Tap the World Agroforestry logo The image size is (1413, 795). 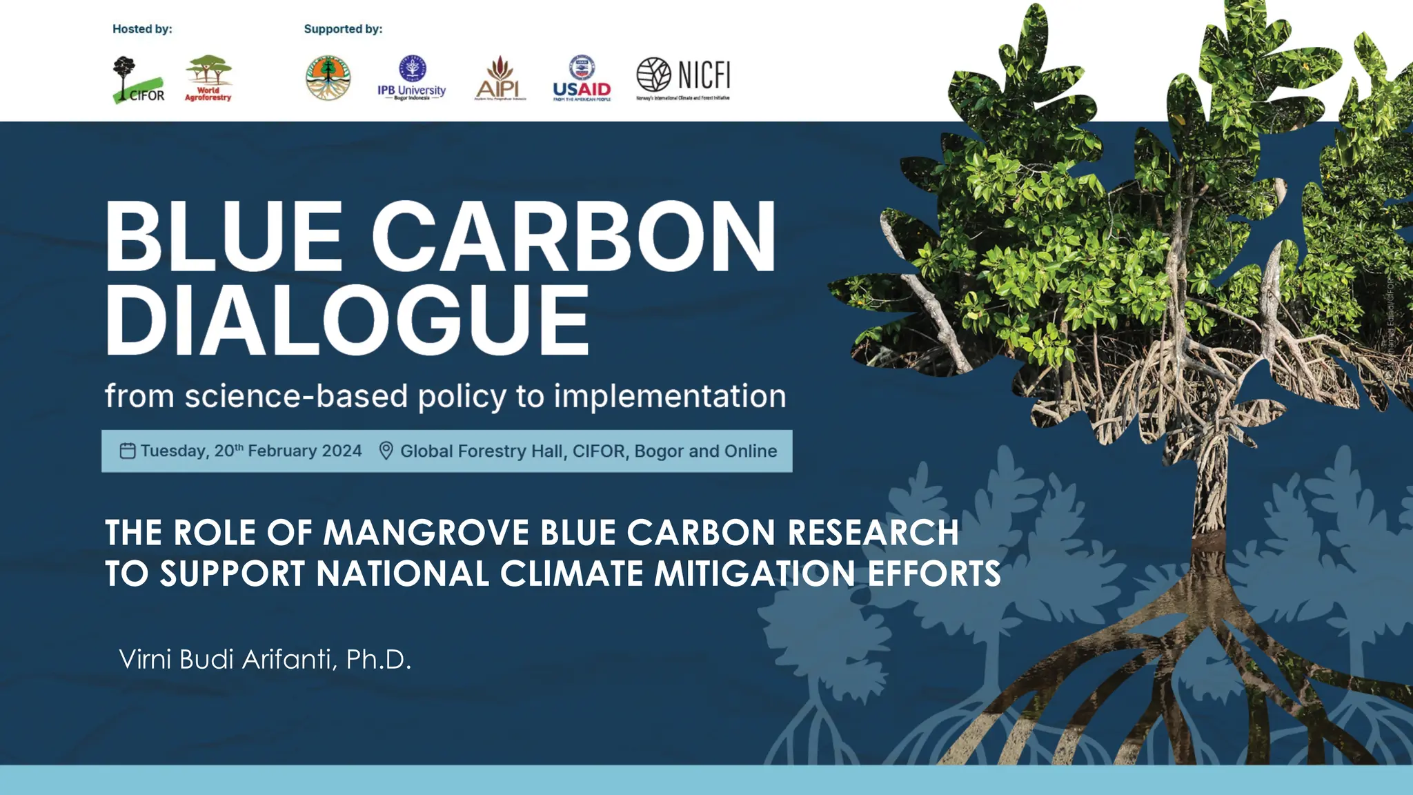click(x=208, y=79)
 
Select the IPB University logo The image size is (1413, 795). click(x=412, y=79)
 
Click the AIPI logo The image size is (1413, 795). click(x=500, y=79)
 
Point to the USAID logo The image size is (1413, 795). click(x=582, y=79)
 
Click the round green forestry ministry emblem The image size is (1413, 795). click(x=328, y=78)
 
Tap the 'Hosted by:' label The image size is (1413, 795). click(x=142, y=29)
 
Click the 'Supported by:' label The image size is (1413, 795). click(x=343, y=29)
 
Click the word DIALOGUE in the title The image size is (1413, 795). click(x=347, y=321)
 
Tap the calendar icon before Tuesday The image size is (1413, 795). click(x=128, y=451)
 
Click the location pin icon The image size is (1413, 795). click(x=386, y=451)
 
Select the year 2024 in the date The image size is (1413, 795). click(x=342, y=451)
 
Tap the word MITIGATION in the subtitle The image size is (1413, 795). click(x=755, y=573)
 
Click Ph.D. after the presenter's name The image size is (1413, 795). click(x=378, y=659)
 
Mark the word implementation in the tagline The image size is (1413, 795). click(x=669, y=396)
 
